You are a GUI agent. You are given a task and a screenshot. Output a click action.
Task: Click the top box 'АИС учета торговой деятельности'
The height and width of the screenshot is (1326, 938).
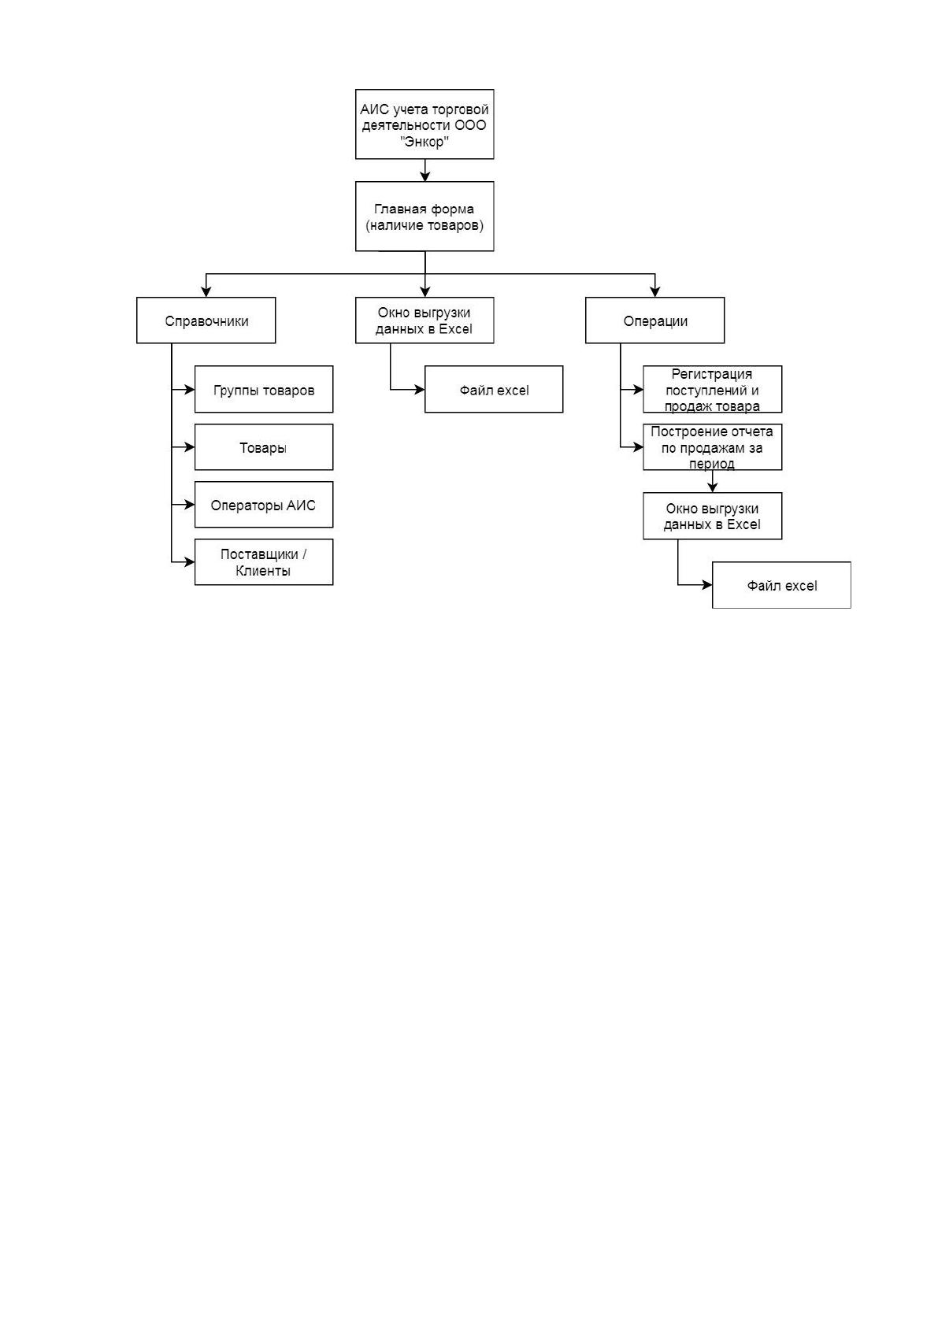pyautogui.click(x=424, y=124)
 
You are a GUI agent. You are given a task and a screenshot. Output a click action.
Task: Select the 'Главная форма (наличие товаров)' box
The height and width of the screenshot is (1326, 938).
pyautogui.click(x=424, y=216)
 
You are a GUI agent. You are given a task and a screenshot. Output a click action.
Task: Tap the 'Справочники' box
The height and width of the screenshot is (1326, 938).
pyautogui.click(x=206, y=320)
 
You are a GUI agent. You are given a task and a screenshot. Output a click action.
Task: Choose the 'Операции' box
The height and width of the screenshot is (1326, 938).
pyautogui.click(x=654, y=320)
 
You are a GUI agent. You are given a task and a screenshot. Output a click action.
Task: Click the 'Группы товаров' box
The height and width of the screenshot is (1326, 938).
pyautogui.click(x=264, y=389)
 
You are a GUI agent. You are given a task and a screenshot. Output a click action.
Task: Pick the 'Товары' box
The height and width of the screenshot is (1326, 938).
pyautogui.click(x=264, y=447)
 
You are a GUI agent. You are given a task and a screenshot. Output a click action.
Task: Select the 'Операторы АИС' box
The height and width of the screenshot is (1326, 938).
pyautogui.click(x=264, y=505)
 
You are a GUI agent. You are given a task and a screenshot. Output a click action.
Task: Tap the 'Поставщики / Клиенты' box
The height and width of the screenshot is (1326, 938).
pyautogui.click(x=264, y=561)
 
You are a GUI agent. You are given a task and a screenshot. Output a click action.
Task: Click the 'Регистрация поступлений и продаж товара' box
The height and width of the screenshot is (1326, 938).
pyautogui.click(x=713, y=389)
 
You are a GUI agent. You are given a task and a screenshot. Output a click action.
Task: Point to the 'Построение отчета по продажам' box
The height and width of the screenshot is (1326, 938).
pyautogui.click(x=713, y=447)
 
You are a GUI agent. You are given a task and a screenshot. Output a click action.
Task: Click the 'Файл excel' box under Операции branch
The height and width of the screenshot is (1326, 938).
pyautogui.click(x=781, y=585)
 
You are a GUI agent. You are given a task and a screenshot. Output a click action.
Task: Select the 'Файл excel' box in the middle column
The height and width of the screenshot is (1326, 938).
pyautogui.click(x=493, y=389)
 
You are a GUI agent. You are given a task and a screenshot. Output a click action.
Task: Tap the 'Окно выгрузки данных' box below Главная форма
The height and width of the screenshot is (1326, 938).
pyautogui.click(x=424, y=320)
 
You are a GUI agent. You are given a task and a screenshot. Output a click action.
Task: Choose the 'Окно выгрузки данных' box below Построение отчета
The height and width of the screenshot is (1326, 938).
pyautogui.click(x=713, y=516)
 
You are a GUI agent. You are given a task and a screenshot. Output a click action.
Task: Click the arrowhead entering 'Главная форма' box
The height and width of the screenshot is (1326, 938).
pyautogui.click(x=425, y=176)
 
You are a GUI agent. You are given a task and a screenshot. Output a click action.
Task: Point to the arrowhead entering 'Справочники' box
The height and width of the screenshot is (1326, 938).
pyautogui.click(x=206, y=292)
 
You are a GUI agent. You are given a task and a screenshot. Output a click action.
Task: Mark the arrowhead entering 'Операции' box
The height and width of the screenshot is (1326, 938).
pyautogui.click(x=654, y=292)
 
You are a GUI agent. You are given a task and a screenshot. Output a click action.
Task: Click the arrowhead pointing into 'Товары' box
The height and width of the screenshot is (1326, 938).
pyautogui.click(x=190, y=447)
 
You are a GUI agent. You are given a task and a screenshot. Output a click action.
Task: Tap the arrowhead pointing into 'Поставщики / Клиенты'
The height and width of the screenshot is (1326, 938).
pyautogui.click(x=190, y=561)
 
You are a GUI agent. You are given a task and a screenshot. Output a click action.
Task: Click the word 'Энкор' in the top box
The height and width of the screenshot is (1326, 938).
pyautogui.click(x=424, y=142)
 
